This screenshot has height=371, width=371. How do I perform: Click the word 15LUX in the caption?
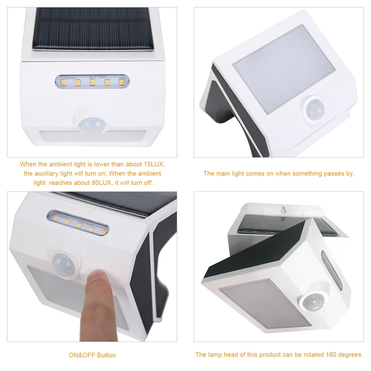coord(154,164)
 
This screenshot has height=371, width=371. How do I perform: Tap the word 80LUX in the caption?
coord(102,183)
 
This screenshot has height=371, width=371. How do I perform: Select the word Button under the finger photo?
coord(106,355)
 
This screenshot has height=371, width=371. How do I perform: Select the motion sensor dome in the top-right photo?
coord(315,109)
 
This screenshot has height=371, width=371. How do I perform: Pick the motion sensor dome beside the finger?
coord(63,263)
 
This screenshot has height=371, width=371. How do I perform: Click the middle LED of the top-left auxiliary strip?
coord(92,82)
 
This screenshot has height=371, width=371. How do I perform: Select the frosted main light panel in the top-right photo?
coord(284,69)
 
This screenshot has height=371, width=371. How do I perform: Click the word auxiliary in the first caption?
coord(46,174)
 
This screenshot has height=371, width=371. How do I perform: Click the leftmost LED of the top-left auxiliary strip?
coord(63,82)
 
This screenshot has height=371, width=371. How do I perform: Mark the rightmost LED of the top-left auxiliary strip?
coord(122,82)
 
